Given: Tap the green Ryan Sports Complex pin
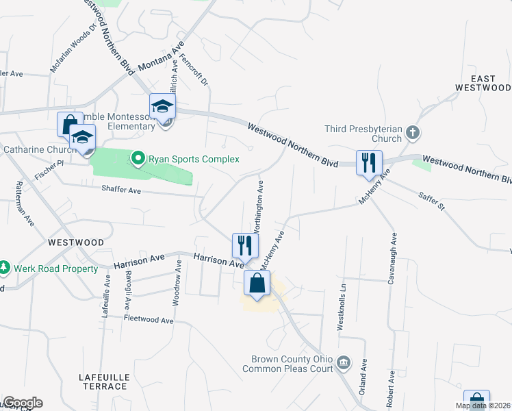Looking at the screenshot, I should (x=138, y=159).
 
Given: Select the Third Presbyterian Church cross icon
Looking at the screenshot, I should (x=412, y=132).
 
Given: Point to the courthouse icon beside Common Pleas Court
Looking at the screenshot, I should (x=344, y=362).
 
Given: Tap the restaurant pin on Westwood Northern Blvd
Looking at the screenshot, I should (x=369, y=163).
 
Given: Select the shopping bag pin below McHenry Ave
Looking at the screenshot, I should (x=257, y=283).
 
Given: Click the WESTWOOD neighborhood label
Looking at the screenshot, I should (x=75, y=242).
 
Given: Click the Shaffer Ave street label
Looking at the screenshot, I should (x=121, y=190).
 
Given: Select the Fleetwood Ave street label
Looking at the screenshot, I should (x=149, y=319).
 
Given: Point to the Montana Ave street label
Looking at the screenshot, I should (x=162, y=60).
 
